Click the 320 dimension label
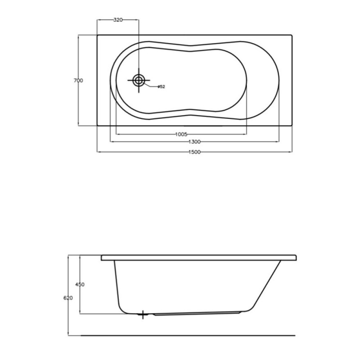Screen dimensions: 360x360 tap(118, 20)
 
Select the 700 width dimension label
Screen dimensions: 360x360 tap(78, 81)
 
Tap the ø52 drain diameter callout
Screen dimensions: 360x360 tap(162, 86)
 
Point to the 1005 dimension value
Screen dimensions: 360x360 tap(181, 134)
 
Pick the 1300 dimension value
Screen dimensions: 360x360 tap(194, 142)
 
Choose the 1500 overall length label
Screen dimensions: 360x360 tap(194, 152)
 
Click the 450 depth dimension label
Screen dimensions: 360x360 tap(80, 284)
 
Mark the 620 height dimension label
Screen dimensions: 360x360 tap(68, 298)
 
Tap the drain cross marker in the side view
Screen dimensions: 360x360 tap(143, 315)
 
